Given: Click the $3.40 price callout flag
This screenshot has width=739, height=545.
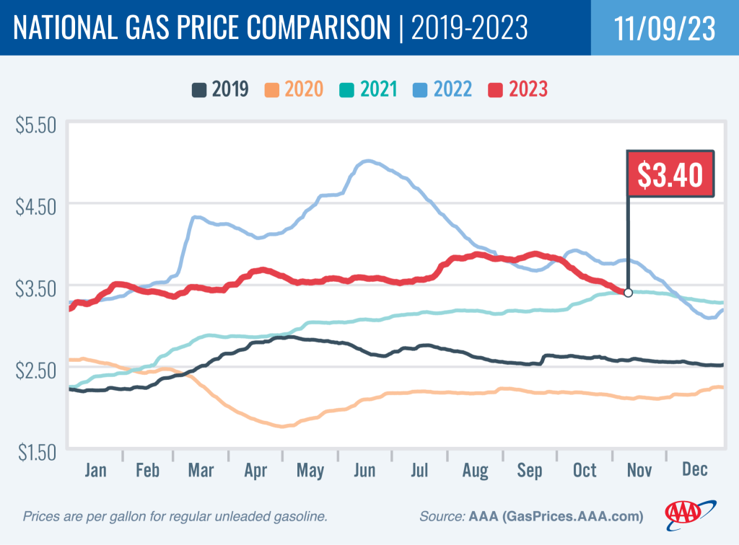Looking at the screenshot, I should click(x=670, y=174).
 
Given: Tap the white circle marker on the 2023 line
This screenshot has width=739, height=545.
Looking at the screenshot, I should click(x=628, y=293).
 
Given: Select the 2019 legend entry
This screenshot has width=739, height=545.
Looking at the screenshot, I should click(x=220, y=89).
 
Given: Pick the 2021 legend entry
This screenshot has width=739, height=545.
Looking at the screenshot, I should click(x=369, y=89).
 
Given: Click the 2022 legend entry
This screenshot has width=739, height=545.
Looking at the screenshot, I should click(x=443, y=89).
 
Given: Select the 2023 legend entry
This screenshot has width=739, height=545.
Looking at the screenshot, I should click(x=518, y=89).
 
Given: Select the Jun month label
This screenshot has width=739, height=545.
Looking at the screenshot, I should click(x=365, y=471).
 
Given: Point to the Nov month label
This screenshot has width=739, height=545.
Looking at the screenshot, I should click(x=639, y=471).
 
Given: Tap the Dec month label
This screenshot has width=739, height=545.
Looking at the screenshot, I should click(x=695, y=471).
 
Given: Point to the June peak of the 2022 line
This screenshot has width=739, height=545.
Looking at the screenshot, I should click(x=367, y=161).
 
